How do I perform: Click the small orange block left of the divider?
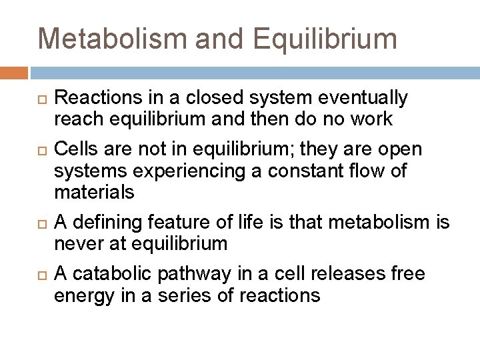click(x=15, y=72)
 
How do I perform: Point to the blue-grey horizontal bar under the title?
click(x=253, y=72)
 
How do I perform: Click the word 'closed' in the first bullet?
click(x=202, y=99)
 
